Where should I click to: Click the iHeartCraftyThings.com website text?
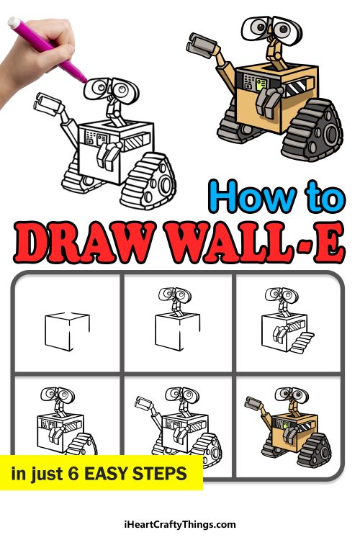(180, 525)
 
